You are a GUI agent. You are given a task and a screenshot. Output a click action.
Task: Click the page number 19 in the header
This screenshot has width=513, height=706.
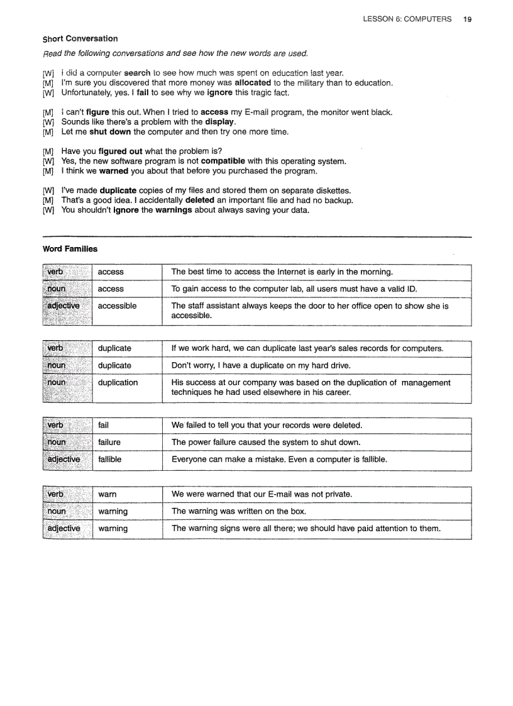467,19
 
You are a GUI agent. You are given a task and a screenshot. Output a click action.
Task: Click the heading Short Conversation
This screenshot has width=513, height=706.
80,39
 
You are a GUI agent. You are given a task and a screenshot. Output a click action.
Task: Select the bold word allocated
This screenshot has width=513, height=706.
253,83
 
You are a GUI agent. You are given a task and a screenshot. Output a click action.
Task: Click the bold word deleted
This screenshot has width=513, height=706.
201,201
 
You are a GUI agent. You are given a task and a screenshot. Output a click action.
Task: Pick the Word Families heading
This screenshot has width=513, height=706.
70,249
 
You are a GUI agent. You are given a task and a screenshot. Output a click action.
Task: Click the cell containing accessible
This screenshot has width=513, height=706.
117,306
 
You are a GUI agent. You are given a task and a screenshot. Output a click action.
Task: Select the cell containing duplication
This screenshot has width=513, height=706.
118,383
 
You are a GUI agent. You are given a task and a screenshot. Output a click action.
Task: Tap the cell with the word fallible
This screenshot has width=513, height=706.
110,460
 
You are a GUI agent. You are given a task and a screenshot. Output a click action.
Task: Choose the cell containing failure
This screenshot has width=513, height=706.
109,443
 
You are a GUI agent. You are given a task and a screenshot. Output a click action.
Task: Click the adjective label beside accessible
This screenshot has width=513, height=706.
63,306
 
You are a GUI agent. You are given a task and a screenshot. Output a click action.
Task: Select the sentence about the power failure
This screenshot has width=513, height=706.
265,443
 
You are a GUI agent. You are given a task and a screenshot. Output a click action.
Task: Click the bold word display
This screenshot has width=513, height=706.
220,122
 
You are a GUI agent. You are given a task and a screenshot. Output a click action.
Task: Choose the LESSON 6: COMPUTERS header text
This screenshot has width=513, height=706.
407,19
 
